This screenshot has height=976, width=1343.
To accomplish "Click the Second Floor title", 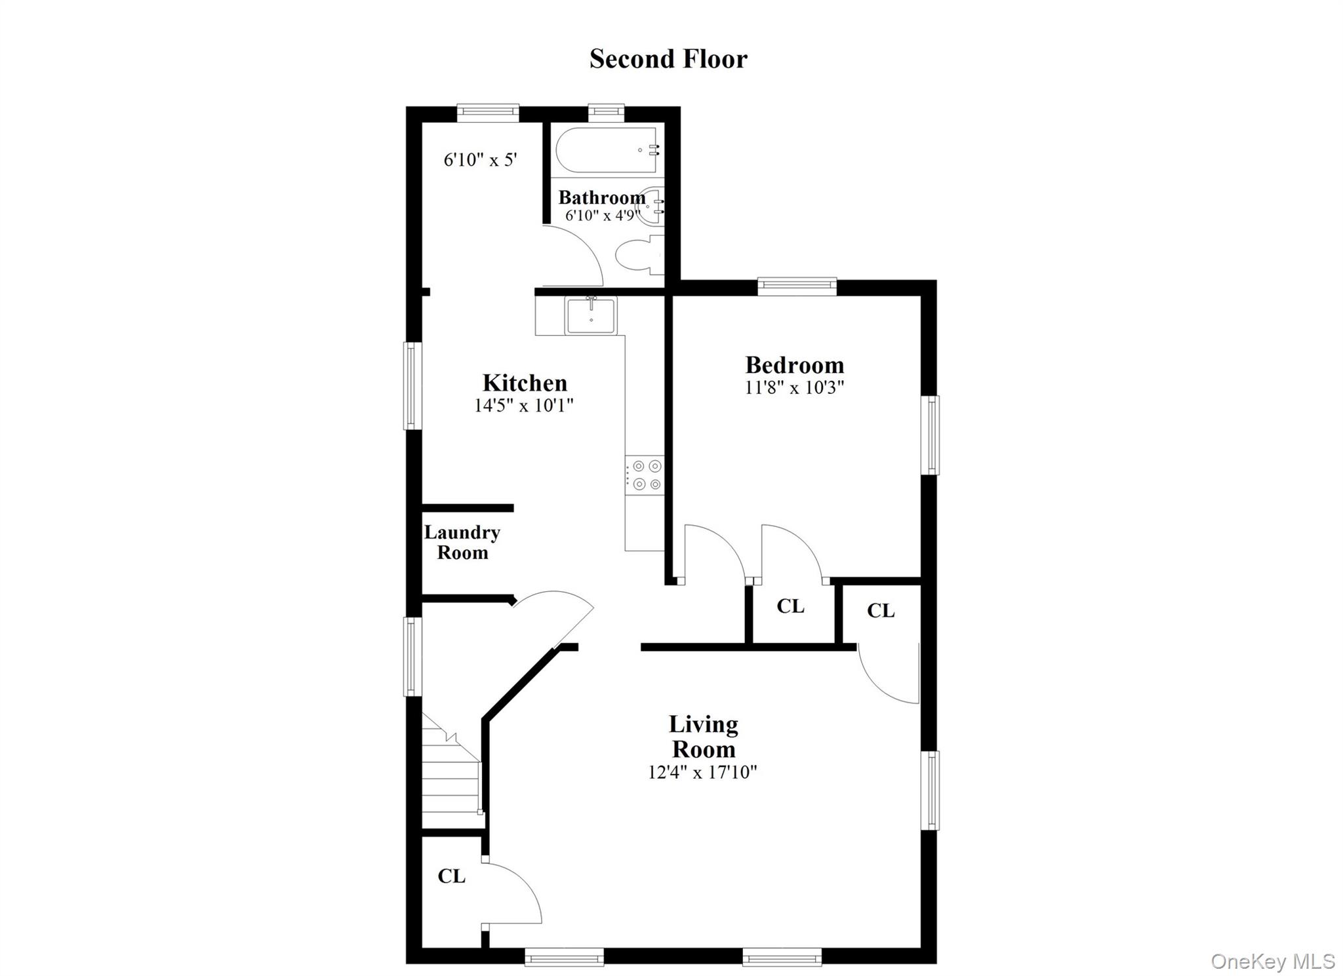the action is [x=668, y=59].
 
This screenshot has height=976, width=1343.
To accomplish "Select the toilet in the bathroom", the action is [x=640, y=257].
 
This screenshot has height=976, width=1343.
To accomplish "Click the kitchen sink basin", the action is [x=591, y=316].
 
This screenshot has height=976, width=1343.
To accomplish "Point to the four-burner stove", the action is [x=645, y=475].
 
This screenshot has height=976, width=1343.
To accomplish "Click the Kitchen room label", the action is [x=525, y=383].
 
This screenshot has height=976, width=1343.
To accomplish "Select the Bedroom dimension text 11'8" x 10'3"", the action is [x=794, y=387].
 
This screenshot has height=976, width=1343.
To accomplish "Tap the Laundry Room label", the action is [x=462, y=542].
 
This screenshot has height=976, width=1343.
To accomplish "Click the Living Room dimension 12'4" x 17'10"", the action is [x=702, y=772].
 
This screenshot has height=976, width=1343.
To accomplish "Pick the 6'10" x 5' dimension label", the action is [x=481, y=159].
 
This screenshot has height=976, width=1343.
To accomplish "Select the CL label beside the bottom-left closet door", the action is [x=452, y=876].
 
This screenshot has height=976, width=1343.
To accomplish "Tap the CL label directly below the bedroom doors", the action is [x=790, y=606].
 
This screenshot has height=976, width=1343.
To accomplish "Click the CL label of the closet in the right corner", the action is [x=881, y=611].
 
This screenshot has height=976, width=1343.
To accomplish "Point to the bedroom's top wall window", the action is [x=797, y=286].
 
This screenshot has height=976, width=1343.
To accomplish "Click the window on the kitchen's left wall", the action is [x=411, y=385].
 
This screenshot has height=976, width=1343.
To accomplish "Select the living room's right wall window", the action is [x=931, y=790].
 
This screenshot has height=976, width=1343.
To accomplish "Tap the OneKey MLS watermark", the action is [x=1273, y=961].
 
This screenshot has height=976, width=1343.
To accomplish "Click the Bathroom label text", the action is [x=602, y=197].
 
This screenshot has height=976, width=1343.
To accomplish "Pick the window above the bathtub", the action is [x=607, y=113].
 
